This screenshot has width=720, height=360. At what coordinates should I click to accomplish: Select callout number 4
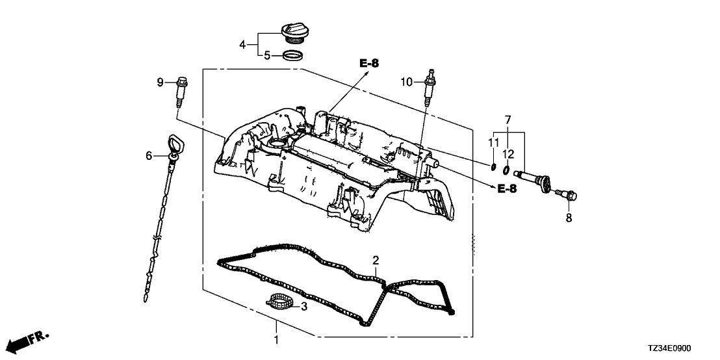pos(242,45)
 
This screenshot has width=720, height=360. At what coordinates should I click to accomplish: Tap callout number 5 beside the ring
pos(267,56)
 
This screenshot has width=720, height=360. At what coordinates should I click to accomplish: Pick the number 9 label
pos(160,82)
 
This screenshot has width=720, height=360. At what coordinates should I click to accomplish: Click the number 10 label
pos(406,82)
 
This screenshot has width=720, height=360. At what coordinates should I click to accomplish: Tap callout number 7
pos(508,120)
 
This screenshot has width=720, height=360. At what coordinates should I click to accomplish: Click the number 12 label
pos(508,153)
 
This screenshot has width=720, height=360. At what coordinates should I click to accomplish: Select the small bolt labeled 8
pos(567,194)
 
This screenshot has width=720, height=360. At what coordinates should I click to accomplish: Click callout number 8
pos(569,218)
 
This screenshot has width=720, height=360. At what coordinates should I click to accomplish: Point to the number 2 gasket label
pos(376,261)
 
